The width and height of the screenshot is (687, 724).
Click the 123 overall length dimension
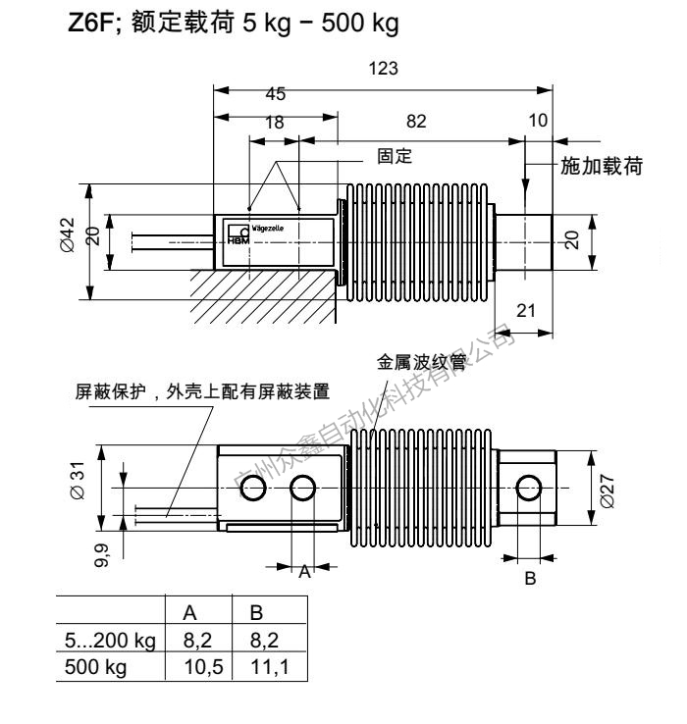379,71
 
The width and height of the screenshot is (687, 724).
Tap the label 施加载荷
601,167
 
